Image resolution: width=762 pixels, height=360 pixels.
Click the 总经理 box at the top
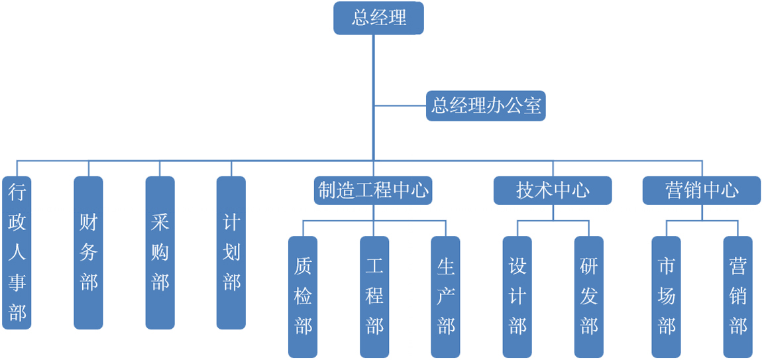[x=378, y=18]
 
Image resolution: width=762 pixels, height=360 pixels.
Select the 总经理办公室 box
[x=486, y=105]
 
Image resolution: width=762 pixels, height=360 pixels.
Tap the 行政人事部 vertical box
[x=17, y=253]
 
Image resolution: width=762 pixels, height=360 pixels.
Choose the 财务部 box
[x=88, y=253]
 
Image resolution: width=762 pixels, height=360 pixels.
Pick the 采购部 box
[x=160, y=253]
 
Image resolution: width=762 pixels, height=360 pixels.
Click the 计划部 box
[x=231, y=253]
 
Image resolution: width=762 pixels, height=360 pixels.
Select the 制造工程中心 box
[x=373, y=191]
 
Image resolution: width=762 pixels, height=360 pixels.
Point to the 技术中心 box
[x=553, y=191]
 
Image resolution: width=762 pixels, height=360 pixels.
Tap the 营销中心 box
[x=702, y=191]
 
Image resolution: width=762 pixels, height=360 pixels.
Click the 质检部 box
[x=303, y=296]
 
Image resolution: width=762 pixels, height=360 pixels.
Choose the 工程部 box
[x=374, y=296]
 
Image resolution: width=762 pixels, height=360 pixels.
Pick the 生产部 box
[x=446, y=296]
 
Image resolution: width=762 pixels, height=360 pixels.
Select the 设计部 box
[x=517, y=296]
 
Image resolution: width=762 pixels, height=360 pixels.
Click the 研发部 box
[x=589, y=296]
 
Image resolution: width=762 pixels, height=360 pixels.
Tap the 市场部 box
[x=666, y=296]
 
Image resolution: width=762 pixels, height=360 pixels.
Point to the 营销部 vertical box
[x=737, y=296]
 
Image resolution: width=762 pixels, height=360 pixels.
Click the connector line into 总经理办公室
[x=400, y=105]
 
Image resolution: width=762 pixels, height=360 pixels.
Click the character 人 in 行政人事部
[x=17, y=253]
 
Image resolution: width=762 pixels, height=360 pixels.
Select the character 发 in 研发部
[x=589, y=296]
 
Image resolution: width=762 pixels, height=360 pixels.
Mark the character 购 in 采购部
[x=160, y=253]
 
